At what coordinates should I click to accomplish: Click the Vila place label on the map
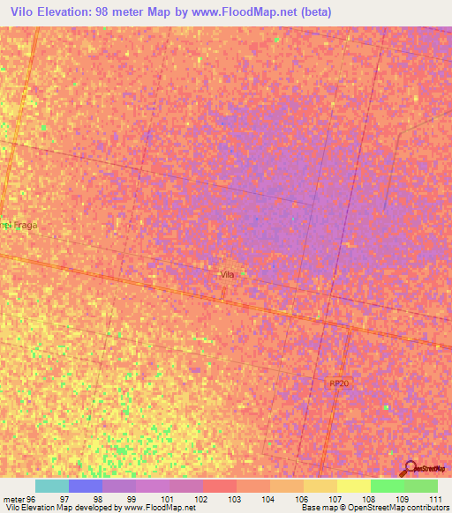click(227, 275)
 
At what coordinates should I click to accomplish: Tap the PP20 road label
click(339, 383)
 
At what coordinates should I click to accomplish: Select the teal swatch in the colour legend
click(52, 486)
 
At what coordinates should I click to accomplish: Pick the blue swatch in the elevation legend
click(86, 486)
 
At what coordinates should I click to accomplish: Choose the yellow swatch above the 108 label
click(353, 486)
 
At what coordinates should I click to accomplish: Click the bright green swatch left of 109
click(387, 486)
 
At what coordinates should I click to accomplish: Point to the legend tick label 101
click(169, 498)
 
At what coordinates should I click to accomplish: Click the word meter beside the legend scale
click(13, 498)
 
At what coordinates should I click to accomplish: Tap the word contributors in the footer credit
click(427, 508)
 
